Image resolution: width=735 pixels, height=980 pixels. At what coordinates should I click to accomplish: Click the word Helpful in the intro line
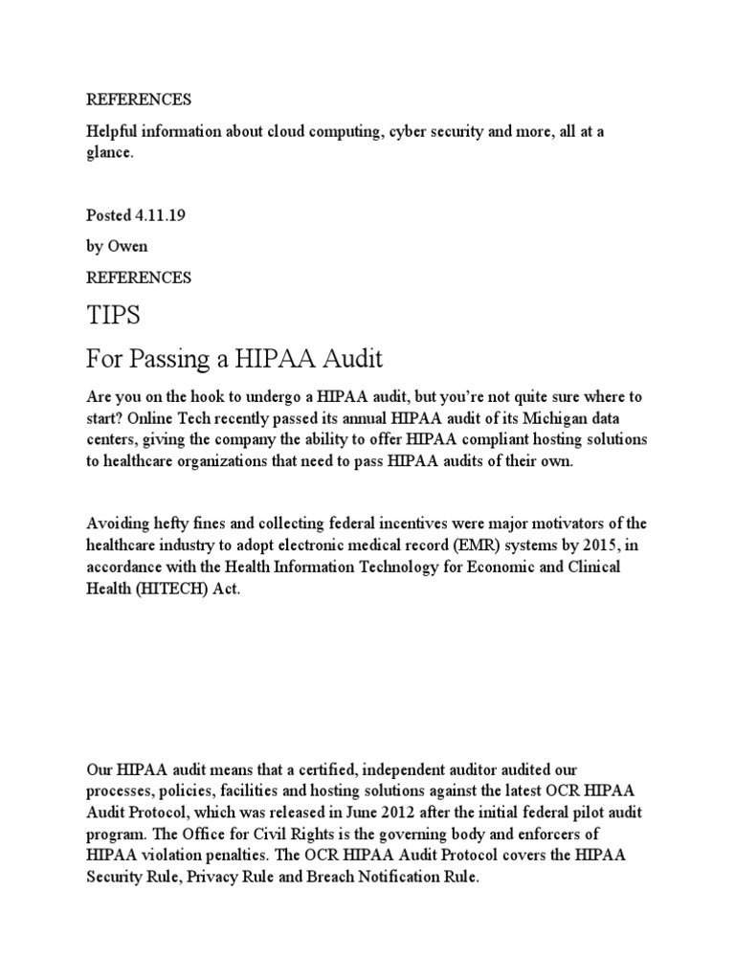(110, 132)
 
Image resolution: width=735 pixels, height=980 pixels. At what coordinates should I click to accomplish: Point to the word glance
(108, 151)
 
